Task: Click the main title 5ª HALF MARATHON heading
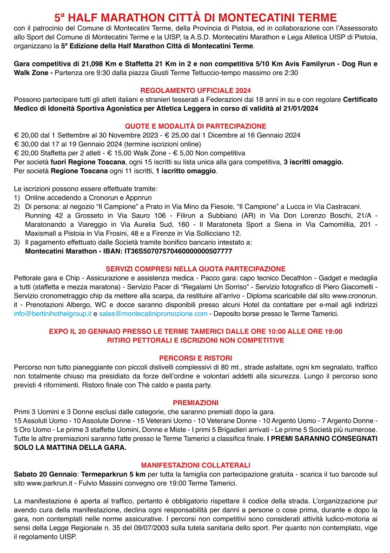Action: (195, 18)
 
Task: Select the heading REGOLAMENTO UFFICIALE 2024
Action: (195, 91)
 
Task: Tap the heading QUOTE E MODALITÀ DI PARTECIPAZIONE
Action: (195, 126)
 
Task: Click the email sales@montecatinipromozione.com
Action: (153, 314)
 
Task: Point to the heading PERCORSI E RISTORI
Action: (195, 358)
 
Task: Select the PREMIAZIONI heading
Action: (195, 402)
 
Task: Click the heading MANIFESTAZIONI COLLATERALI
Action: (195, 465)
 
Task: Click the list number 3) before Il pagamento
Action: (17, 242)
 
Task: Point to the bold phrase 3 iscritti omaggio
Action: (314, 162)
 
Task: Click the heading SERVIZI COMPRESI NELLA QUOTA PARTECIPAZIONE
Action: (195, 269)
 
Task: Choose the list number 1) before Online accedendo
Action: (17, 197)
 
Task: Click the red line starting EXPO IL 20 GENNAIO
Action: (195, 331)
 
